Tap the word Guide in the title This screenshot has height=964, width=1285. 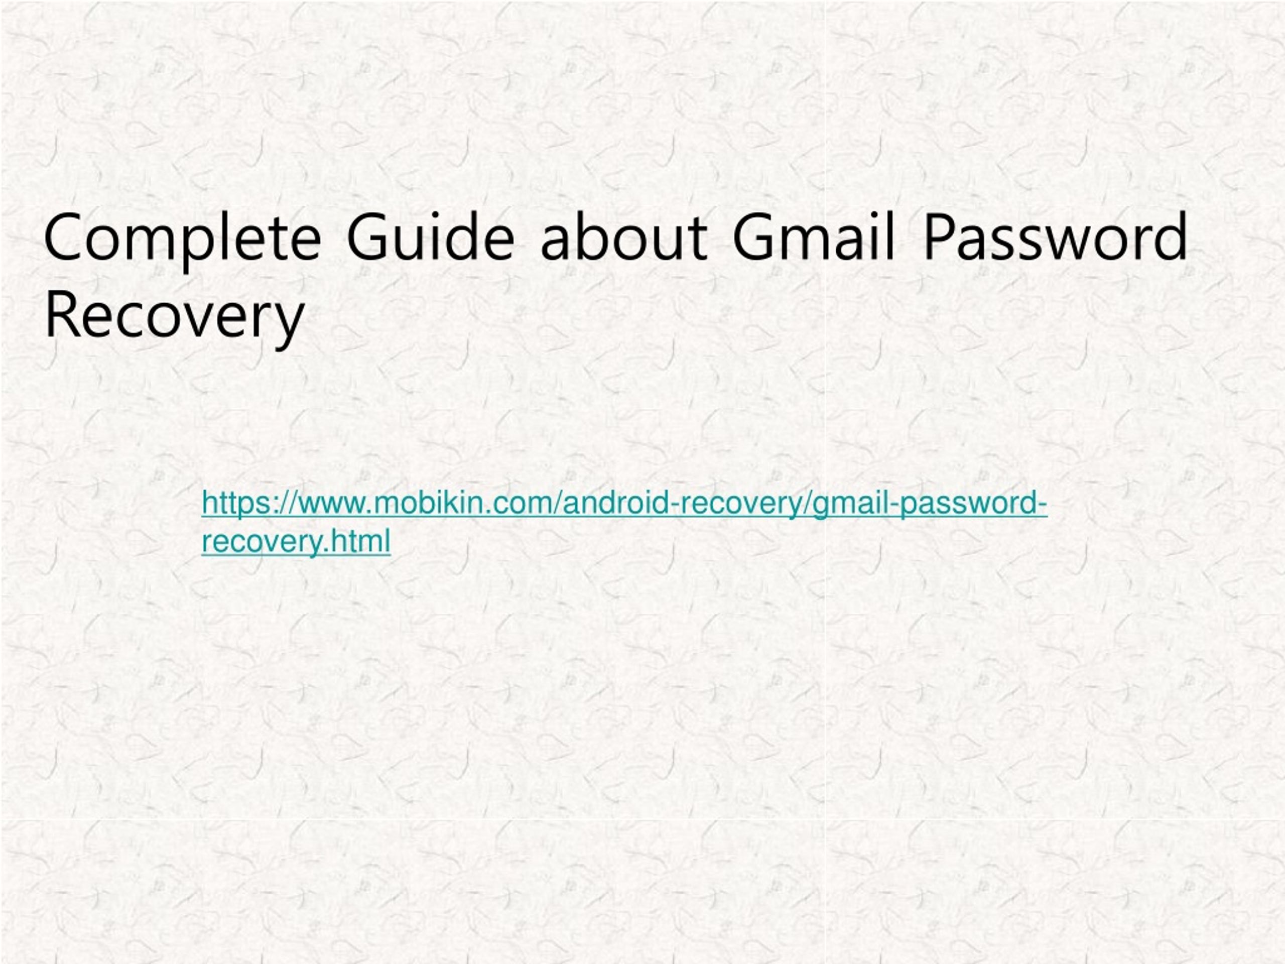431,235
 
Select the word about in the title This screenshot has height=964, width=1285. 624,235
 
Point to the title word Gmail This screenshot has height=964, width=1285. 813,235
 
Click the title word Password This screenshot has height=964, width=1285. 1055,235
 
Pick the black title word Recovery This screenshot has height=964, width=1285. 174,317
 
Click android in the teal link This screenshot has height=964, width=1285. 615,503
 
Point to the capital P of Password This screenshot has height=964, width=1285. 940,236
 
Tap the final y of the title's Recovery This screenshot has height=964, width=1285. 291,325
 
